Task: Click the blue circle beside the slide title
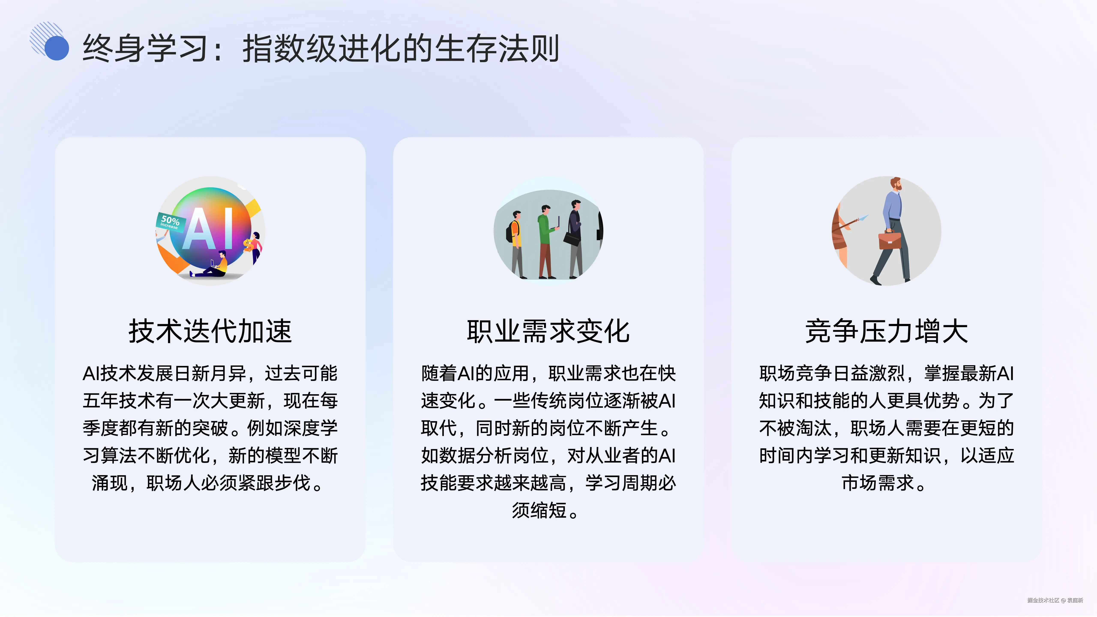point(57,48)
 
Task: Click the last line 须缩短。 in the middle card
point(545,510)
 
